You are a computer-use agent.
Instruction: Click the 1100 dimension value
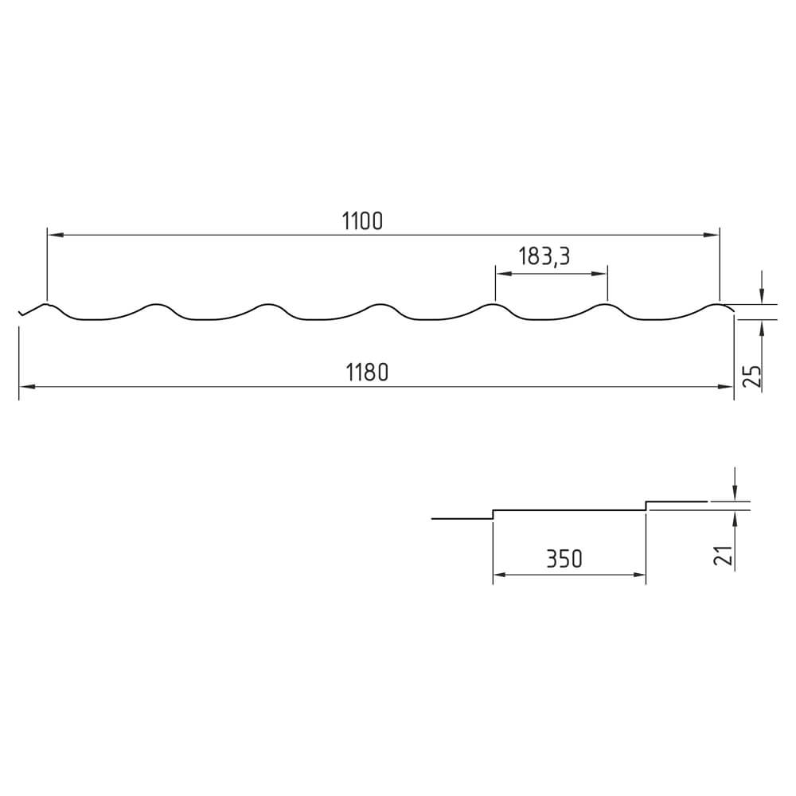362,221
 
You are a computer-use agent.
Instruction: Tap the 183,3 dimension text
544,256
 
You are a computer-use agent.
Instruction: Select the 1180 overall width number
367,373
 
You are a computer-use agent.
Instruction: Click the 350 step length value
564,559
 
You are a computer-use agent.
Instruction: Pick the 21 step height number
724,556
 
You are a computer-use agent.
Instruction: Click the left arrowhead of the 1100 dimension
55,235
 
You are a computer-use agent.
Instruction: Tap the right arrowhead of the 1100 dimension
712,235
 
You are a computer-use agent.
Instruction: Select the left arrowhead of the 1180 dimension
27,387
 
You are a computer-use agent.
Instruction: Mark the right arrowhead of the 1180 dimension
725,387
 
